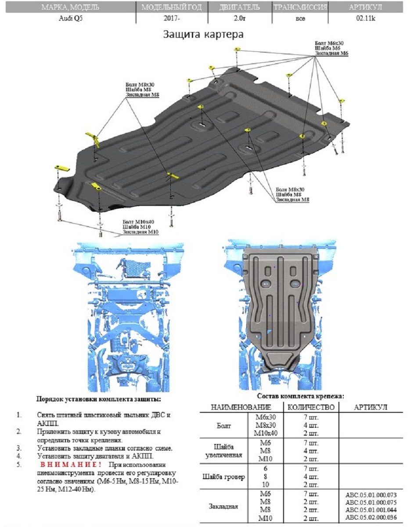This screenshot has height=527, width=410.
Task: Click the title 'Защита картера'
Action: click(203, 34)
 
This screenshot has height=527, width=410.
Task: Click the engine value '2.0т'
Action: click(239, 19)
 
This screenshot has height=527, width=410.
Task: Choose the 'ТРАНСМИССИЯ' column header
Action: click(300, 7)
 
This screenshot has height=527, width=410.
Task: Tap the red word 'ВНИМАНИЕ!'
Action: click(71, 465)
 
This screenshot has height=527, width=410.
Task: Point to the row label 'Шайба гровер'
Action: click(224, 476)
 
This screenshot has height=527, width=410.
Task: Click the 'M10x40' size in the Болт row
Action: click(266, 433)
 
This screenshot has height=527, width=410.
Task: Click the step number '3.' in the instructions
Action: click(19, 448)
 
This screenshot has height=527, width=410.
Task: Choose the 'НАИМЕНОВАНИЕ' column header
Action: click(241, 408)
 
